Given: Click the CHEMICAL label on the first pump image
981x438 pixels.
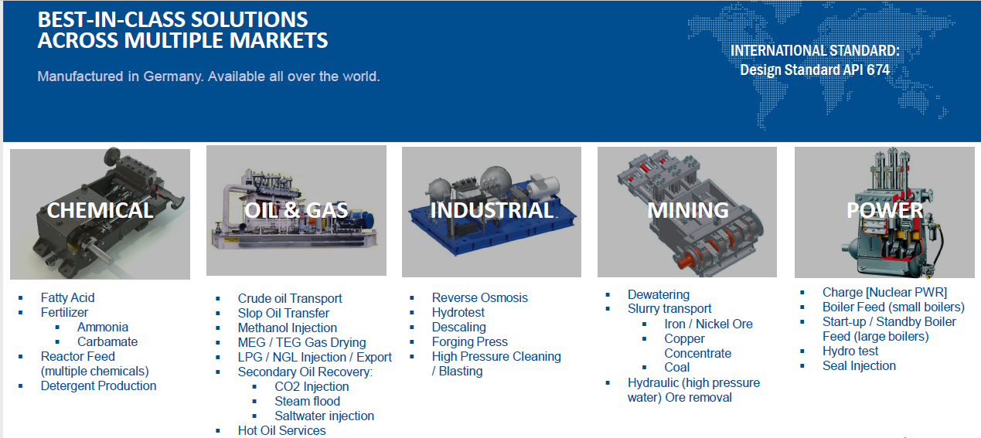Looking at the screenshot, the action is [x=100, y=210].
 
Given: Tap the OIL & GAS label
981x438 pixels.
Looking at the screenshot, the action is [x=296, y=210].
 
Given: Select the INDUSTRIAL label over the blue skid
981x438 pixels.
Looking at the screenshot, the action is [x=492, y=210].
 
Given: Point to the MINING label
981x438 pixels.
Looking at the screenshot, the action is [x=687, y=210].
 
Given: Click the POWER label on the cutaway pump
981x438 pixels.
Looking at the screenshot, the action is [x=884, y=210].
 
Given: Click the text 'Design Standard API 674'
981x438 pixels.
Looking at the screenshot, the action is [x=815, y=70].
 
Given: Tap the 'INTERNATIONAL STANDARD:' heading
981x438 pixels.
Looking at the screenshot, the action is [x=815, y=51].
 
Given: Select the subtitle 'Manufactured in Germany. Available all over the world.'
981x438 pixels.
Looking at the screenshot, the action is [x=209, y=76].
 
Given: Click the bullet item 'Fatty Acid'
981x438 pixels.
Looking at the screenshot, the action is [x=67, y=298].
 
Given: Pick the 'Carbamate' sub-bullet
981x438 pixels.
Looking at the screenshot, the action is [x=107, y=341].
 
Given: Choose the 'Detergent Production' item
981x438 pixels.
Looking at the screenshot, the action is [x=98, y=386].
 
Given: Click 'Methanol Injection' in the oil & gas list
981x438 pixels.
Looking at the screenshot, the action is [x=288, y=328].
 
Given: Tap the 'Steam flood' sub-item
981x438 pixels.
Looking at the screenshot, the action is [x=307, y=401].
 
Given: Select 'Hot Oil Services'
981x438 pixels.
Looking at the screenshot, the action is [x=281, y=430].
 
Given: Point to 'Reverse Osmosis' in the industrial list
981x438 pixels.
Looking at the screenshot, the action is [x=479, y=298].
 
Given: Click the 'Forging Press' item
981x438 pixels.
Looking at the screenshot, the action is [x=469, y=341].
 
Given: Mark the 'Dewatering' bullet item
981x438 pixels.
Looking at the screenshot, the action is [x=658, y=295].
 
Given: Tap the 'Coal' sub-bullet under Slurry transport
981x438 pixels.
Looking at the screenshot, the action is [x=676, y=368].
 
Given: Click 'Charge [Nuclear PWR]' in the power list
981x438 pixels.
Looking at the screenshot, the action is [x=884, y=292].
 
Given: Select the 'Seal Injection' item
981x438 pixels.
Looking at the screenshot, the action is [x=859, y=366].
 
